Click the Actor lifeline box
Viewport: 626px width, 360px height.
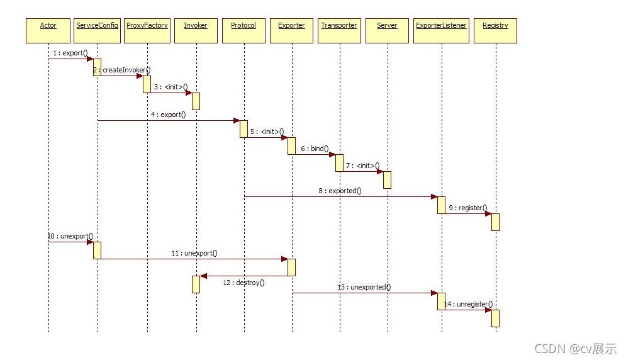tap(48, 30)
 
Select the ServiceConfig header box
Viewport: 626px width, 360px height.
tap(98, 30)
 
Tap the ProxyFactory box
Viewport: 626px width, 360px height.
tap(147, 30)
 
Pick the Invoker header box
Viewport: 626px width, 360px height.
tap(196, 30)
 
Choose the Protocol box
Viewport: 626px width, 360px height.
tap(243, 30)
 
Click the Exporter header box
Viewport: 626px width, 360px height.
tap(291, 30)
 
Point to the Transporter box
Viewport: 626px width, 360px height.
tap(339, 30)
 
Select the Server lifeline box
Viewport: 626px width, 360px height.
tap(387, 30)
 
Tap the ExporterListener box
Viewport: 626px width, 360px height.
tap(441, 30)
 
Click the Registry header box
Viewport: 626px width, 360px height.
tap(495, 30)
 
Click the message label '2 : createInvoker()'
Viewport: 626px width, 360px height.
tap(123, 70)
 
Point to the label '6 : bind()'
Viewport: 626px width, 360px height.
tap(315, 149)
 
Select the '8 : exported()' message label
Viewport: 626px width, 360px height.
tap(340, 190)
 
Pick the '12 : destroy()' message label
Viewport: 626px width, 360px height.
tap(243, 283)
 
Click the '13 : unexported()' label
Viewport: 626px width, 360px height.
tap(364, 287)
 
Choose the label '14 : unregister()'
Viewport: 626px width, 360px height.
tap(468, 304)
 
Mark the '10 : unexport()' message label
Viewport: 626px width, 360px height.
tap(70, 236)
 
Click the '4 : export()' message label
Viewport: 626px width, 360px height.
tap(168, 115)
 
